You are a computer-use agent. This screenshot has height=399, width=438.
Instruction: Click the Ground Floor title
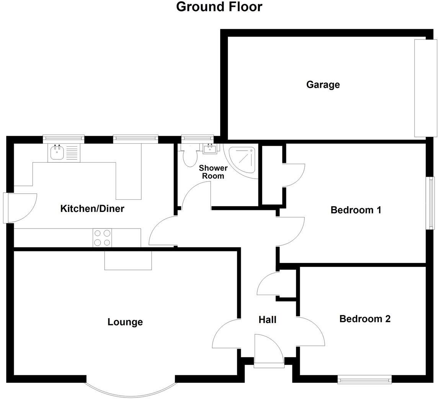pos(219,7)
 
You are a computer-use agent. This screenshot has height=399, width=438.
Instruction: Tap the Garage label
pos(323,85)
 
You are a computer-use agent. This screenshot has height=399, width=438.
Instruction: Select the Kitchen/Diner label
pos(92,209)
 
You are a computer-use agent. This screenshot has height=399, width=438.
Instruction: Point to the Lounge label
pos(125,322)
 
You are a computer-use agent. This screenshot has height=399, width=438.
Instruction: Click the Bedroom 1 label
pos(356,210)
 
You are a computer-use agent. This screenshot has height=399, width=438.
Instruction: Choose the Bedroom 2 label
pos(365,319)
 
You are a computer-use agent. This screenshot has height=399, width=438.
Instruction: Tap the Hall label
pos(267,320)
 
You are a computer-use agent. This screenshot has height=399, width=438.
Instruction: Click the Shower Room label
pos(213,172)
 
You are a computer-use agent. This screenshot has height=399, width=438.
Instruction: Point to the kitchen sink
pos(57,153)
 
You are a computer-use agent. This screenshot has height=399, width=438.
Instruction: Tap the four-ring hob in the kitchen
pos(102,238)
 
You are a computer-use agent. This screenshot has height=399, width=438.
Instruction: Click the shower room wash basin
pos(210,149)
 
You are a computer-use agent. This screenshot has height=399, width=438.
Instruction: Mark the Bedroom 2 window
pos(364,379)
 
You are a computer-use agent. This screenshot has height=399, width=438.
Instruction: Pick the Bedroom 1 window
pos(431,203)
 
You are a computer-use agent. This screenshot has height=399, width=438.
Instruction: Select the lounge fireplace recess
pos(128,260)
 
